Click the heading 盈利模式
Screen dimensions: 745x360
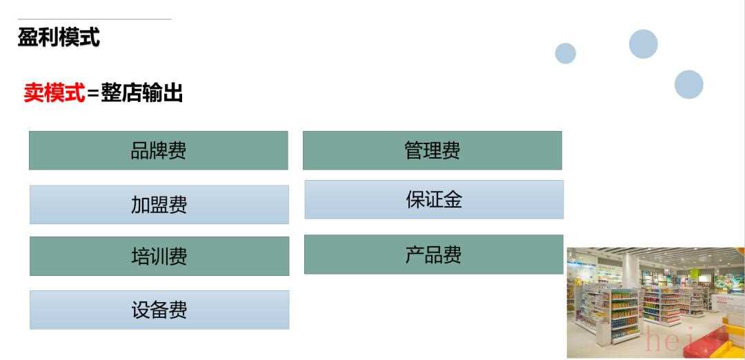pos(59,37)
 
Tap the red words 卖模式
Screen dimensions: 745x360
pos(54,92)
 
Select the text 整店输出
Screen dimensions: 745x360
pos(141,92)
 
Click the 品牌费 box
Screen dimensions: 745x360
pos(158,150)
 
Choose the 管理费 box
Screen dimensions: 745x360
pos(433,150)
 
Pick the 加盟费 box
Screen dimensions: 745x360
pos(159,204)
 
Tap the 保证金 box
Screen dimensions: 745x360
pos(435,199)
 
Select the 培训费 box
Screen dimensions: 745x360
pos(159,256)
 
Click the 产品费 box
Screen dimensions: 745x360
pos(434,254)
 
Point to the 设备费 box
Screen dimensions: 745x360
pos(159,310)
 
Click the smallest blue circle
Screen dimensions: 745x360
pos(566,53)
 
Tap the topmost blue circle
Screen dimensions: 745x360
pos(644,44)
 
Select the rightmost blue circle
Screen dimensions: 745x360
pos(689,85)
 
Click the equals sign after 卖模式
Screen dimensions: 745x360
pos(93,94)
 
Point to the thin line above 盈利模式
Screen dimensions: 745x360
pos(95,19)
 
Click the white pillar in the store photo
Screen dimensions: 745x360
pos(631,271)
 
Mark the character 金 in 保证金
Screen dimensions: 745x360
pos(453,199)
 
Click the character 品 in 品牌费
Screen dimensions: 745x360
pos(139,150)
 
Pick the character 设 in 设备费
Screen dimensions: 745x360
pos(141,310)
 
